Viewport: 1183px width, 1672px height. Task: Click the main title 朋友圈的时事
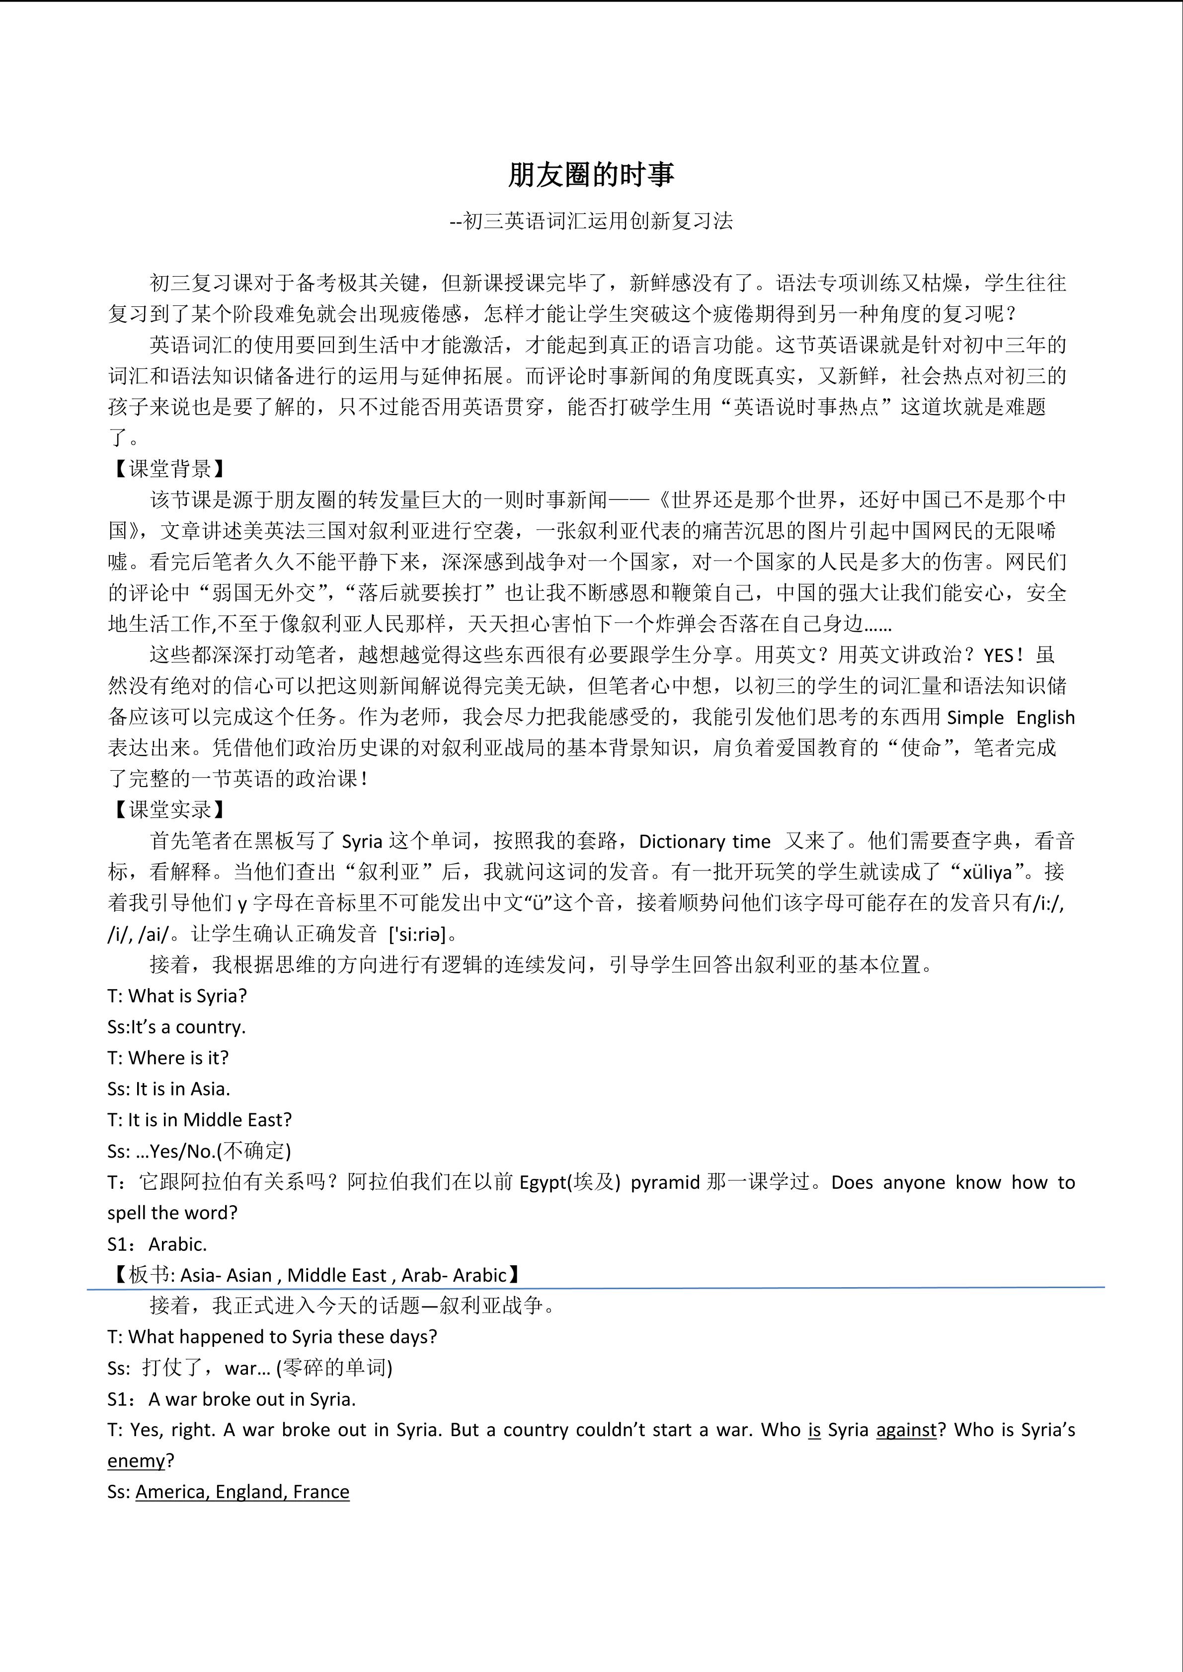[x=591, y=175]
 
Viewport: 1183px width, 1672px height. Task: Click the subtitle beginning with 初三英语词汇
[x=591, y=220]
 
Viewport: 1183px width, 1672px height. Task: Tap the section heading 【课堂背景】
[x=170, y=468]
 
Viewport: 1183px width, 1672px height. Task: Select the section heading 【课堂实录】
[x=170, y=809]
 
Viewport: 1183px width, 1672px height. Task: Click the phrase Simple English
[x=1011, y=717]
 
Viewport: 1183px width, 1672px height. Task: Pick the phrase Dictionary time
[x=705, y=842]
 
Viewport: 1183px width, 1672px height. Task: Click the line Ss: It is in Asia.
[x=169, y=1089]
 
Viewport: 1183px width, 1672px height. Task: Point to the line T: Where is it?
[x=168, y=1057]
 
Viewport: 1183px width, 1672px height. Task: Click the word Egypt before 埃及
[x=543, y=1182]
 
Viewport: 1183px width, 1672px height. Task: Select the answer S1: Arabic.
[x=158, y=1244]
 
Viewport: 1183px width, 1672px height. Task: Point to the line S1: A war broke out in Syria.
[x=232, y=1399]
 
